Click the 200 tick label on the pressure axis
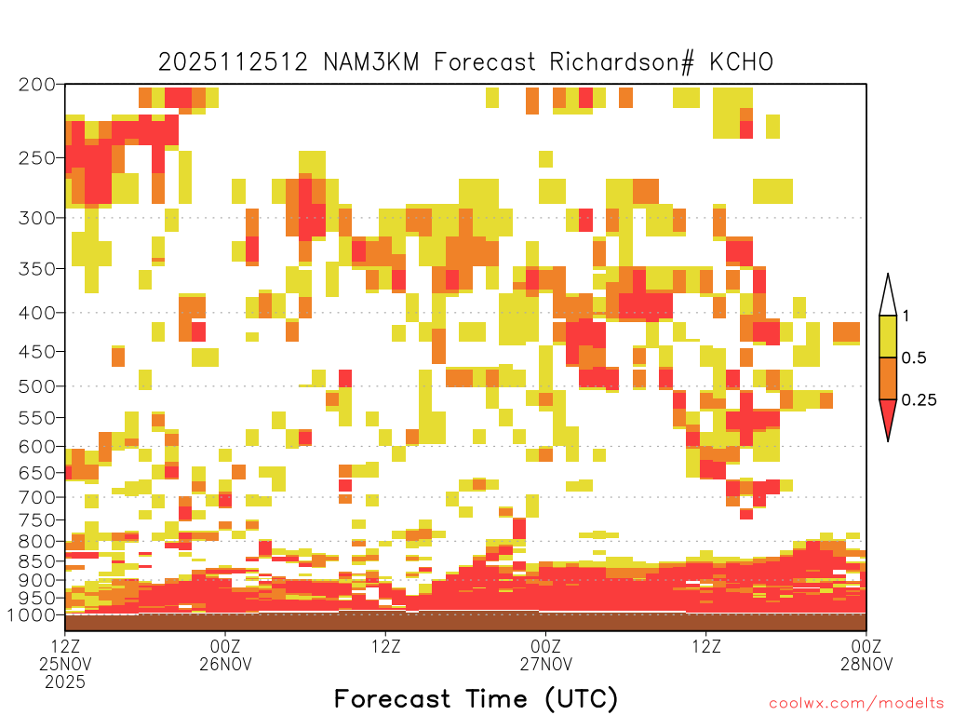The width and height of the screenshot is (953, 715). (37, 85)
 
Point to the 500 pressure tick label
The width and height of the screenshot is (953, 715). (37, 386)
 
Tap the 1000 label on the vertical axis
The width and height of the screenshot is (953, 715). (32, 615)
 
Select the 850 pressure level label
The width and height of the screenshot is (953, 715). (37, 561)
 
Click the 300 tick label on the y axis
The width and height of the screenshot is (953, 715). (37, 218)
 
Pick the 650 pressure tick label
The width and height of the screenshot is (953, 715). (37, 472)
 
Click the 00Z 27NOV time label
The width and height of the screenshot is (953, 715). (545, 654)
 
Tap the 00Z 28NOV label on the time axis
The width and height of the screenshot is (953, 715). (866, 654)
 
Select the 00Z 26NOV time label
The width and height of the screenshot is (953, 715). (225, 654)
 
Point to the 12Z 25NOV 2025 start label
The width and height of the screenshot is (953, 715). (65, 664)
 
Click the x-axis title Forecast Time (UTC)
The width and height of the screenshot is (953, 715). (476, 699)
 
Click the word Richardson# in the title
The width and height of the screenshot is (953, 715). (621, 62)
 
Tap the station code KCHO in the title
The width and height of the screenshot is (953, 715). (742, 62)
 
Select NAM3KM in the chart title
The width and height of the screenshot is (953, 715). (370, 62)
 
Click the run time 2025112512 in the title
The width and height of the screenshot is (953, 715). (233, 62)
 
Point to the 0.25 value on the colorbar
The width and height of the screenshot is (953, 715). (919, 400)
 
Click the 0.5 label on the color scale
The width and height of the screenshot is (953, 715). (914, 358)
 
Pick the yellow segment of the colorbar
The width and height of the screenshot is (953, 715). (888, 336)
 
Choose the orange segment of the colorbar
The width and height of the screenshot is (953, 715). (888, 378)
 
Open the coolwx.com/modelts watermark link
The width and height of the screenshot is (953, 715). (856, 704)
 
